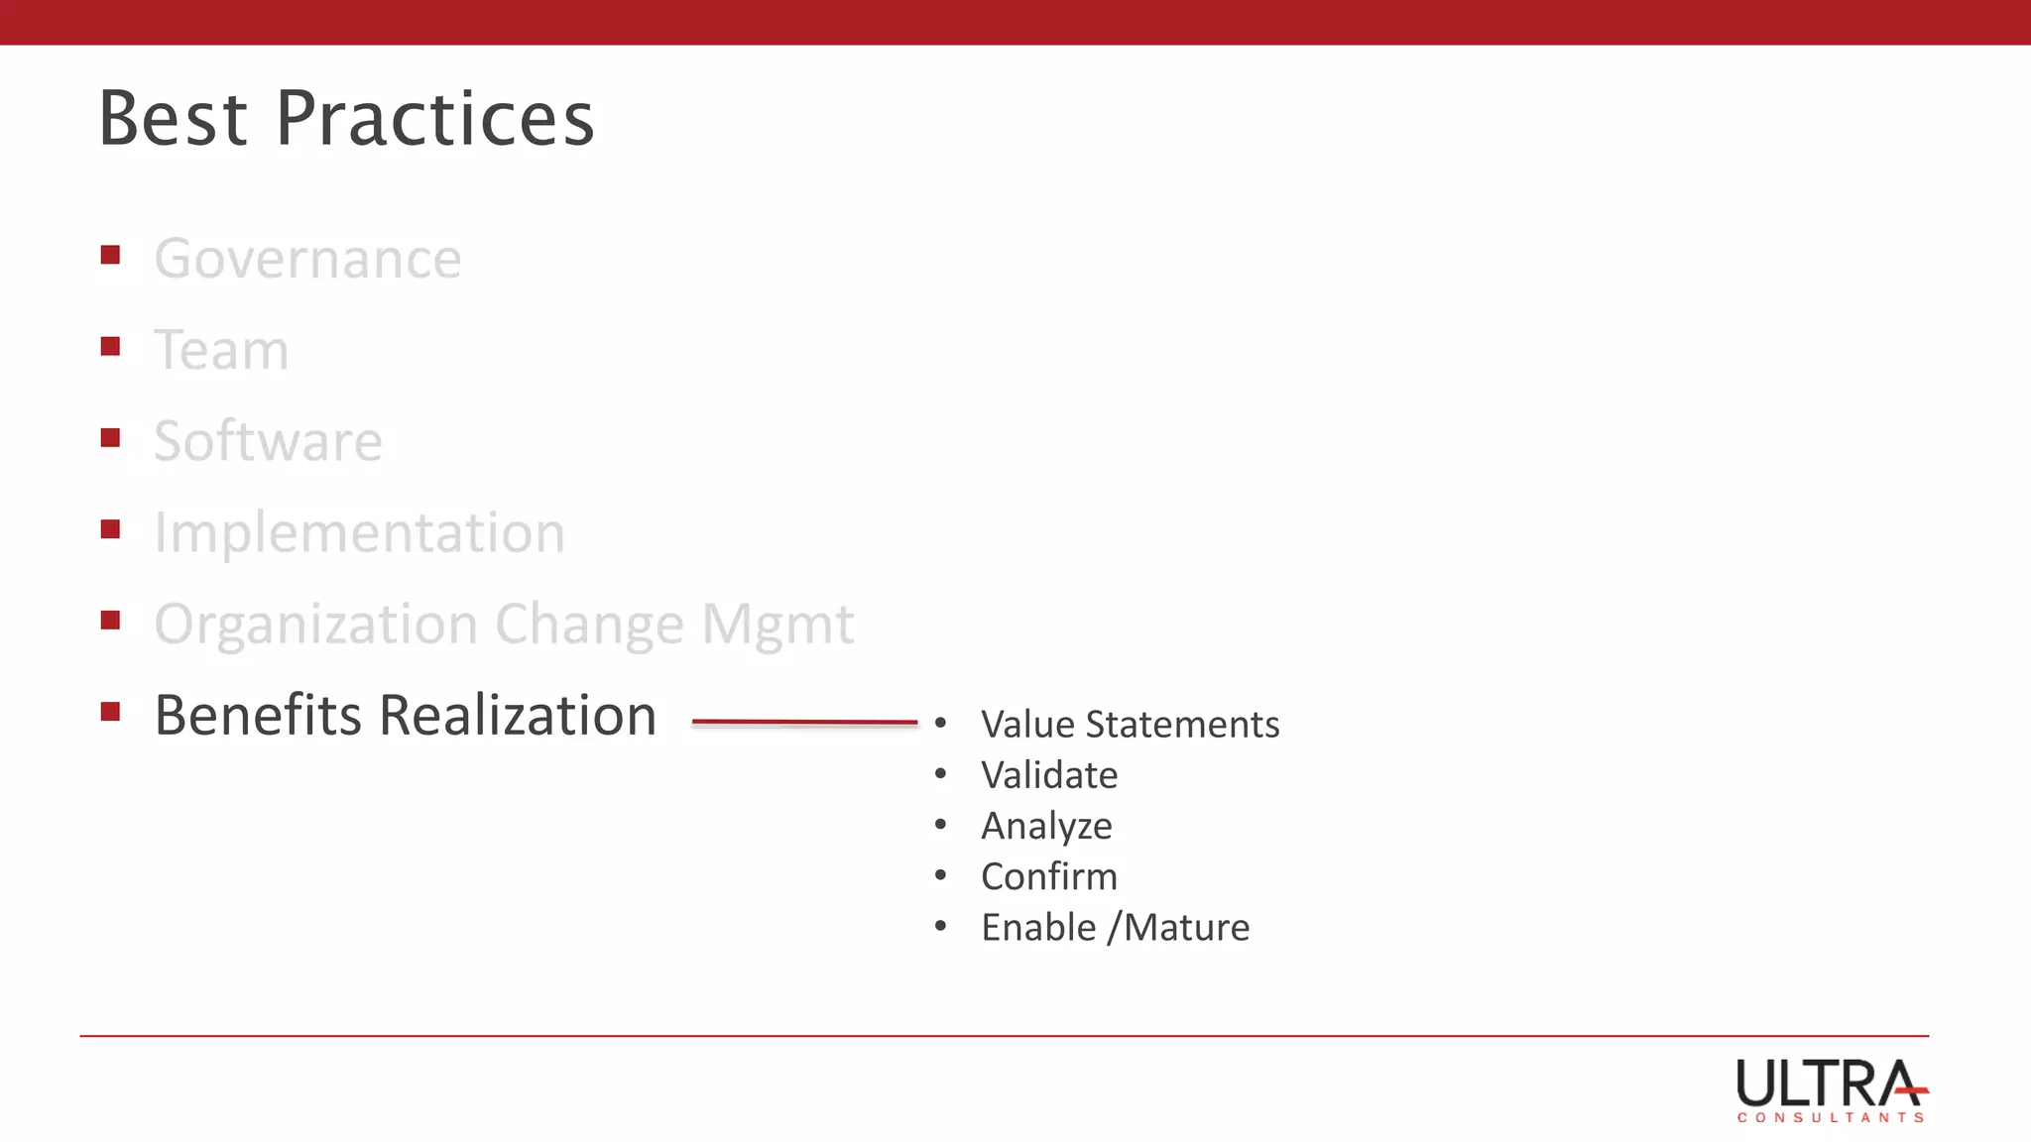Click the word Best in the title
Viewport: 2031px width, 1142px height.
pos(173,119)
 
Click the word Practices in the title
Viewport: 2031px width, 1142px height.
pos(434,119)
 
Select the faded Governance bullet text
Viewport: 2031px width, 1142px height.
pos(307,260)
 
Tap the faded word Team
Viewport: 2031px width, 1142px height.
pos(221,351)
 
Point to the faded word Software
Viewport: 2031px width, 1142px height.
pos(268,442)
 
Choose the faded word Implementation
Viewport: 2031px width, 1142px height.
pos(359,533)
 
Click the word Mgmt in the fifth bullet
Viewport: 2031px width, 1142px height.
pos(777,626)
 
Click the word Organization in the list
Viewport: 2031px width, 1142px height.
pos(316,626)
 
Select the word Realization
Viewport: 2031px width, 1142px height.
pos(518,716)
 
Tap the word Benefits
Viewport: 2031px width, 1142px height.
pos(258,716)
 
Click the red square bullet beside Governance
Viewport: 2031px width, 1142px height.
pos(110,256)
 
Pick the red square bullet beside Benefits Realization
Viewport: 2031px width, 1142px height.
pos(110,712)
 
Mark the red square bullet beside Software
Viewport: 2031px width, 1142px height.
pos(110,438)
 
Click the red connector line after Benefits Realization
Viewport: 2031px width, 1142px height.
pos(804,723)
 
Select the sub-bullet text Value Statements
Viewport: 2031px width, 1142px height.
pos(1130,725)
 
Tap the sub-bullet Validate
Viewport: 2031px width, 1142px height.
pos(1049,775)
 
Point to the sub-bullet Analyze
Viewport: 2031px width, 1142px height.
pos(1046,826)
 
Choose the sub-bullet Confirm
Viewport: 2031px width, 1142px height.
pos(1049,877)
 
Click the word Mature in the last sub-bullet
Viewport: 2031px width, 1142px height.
pos(1186,928)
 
